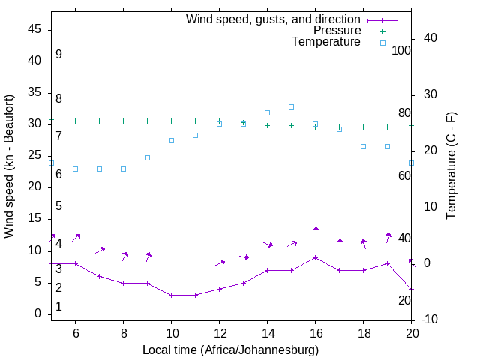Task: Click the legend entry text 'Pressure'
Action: [x=337, y=31]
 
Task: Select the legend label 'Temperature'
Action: [x=326, y=42]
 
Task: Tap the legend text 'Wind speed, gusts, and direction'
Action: [x=274, y=19]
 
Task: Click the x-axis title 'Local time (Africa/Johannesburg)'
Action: [x=231, y=350]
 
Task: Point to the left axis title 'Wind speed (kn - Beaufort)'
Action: [x=9, y=166]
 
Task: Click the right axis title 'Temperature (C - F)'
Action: [x=451, y=166]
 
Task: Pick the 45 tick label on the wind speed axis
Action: [x=34, y=28]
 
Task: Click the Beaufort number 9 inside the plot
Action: [x=58, y=55]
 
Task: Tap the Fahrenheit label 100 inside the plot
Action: [x=401, y=51]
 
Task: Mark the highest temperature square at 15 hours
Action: [x=291, y=106]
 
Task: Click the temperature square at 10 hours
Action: [x=171, y=140]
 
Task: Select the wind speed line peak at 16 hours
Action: [x=315, y=257]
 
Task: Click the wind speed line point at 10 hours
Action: [x=171, y=295]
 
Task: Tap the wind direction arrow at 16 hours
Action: [x=316, y=231]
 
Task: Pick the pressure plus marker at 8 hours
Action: [x=123, y=121]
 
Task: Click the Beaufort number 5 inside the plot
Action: [x=58, y=206]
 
